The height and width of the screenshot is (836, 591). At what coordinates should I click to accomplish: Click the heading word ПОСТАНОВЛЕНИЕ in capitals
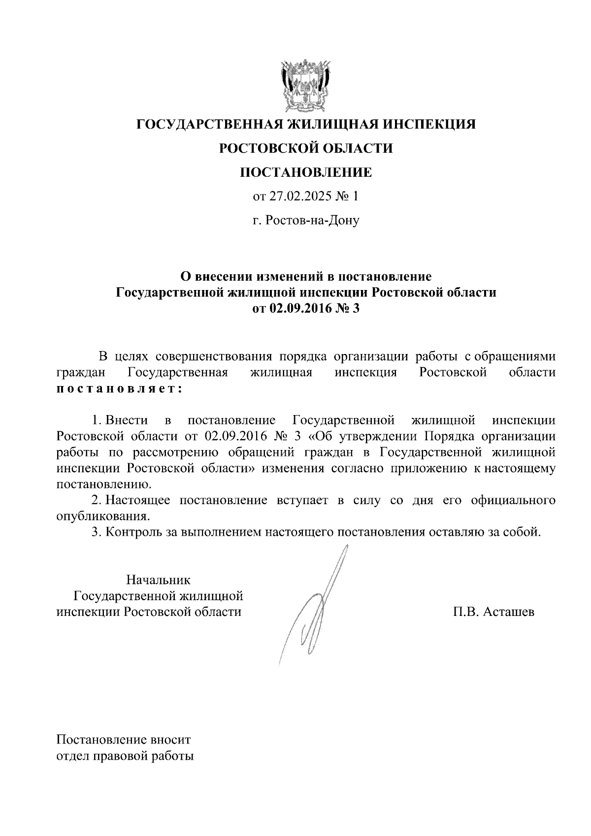point(306,173)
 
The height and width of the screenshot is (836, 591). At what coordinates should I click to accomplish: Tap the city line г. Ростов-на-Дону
point(306,220)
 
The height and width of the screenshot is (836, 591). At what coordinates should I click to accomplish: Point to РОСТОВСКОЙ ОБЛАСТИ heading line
point(306,148)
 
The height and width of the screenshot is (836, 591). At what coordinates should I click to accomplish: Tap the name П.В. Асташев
point(494,612)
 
